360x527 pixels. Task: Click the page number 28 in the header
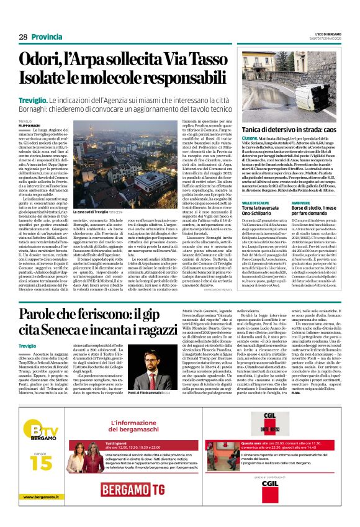22,37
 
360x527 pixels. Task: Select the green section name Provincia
47,37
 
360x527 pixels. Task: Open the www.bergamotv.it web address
37,513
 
